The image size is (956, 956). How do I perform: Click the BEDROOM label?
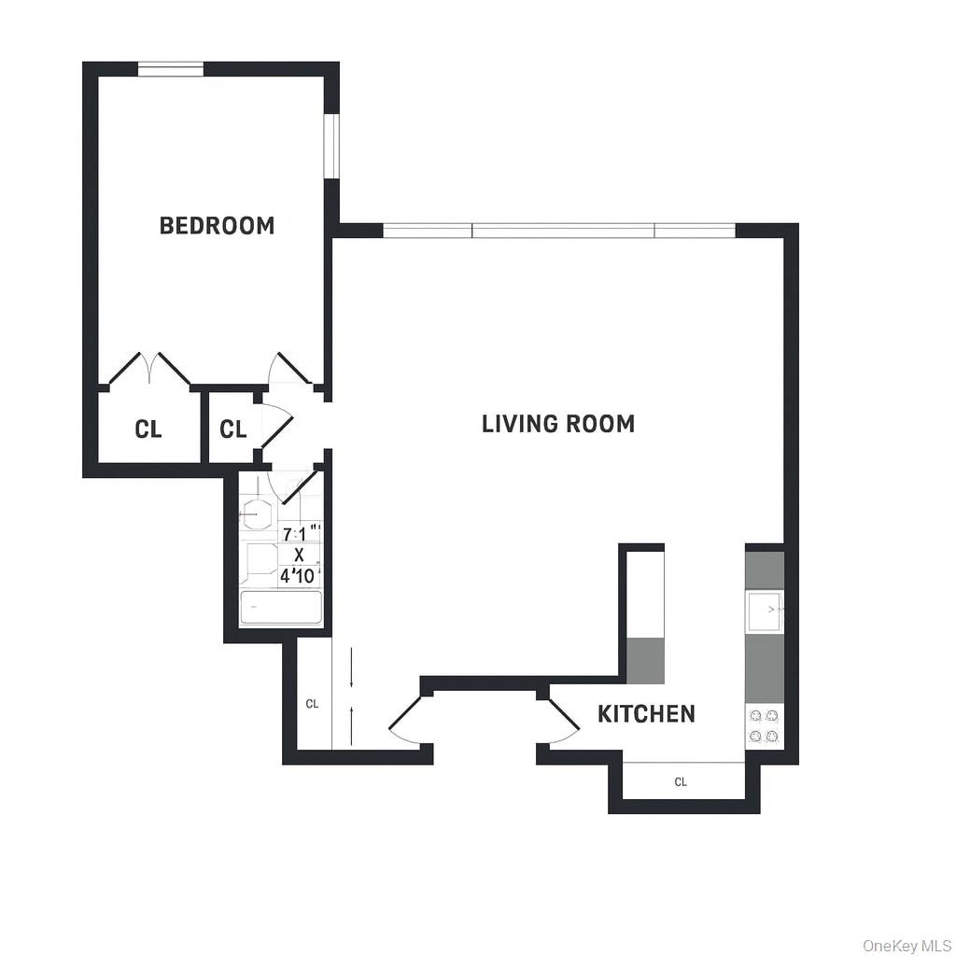(217, 225)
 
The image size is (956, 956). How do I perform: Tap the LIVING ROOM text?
(558, 424)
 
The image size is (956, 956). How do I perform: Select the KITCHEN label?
(646, 714)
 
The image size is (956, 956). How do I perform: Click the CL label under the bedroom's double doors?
(148, 429)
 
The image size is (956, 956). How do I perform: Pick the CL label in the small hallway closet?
(232, 429)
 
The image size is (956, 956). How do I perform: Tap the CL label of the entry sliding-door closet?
(313, 704)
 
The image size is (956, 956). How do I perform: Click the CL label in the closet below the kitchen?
(681, 782)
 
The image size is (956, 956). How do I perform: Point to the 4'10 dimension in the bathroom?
(299, 576)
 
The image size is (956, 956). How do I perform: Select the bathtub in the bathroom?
(281, 608)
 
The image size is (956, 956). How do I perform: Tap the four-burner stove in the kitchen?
(765, 726)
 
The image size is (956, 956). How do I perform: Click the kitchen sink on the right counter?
(764, 611)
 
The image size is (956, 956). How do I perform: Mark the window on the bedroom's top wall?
(171, 68)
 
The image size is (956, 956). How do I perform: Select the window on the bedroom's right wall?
(330, 146)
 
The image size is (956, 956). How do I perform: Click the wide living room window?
(559, 231)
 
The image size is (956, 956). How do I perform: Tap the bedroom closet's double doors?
(149, 369)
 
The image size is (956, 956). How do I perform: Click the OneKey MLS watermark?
(905, 946)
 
